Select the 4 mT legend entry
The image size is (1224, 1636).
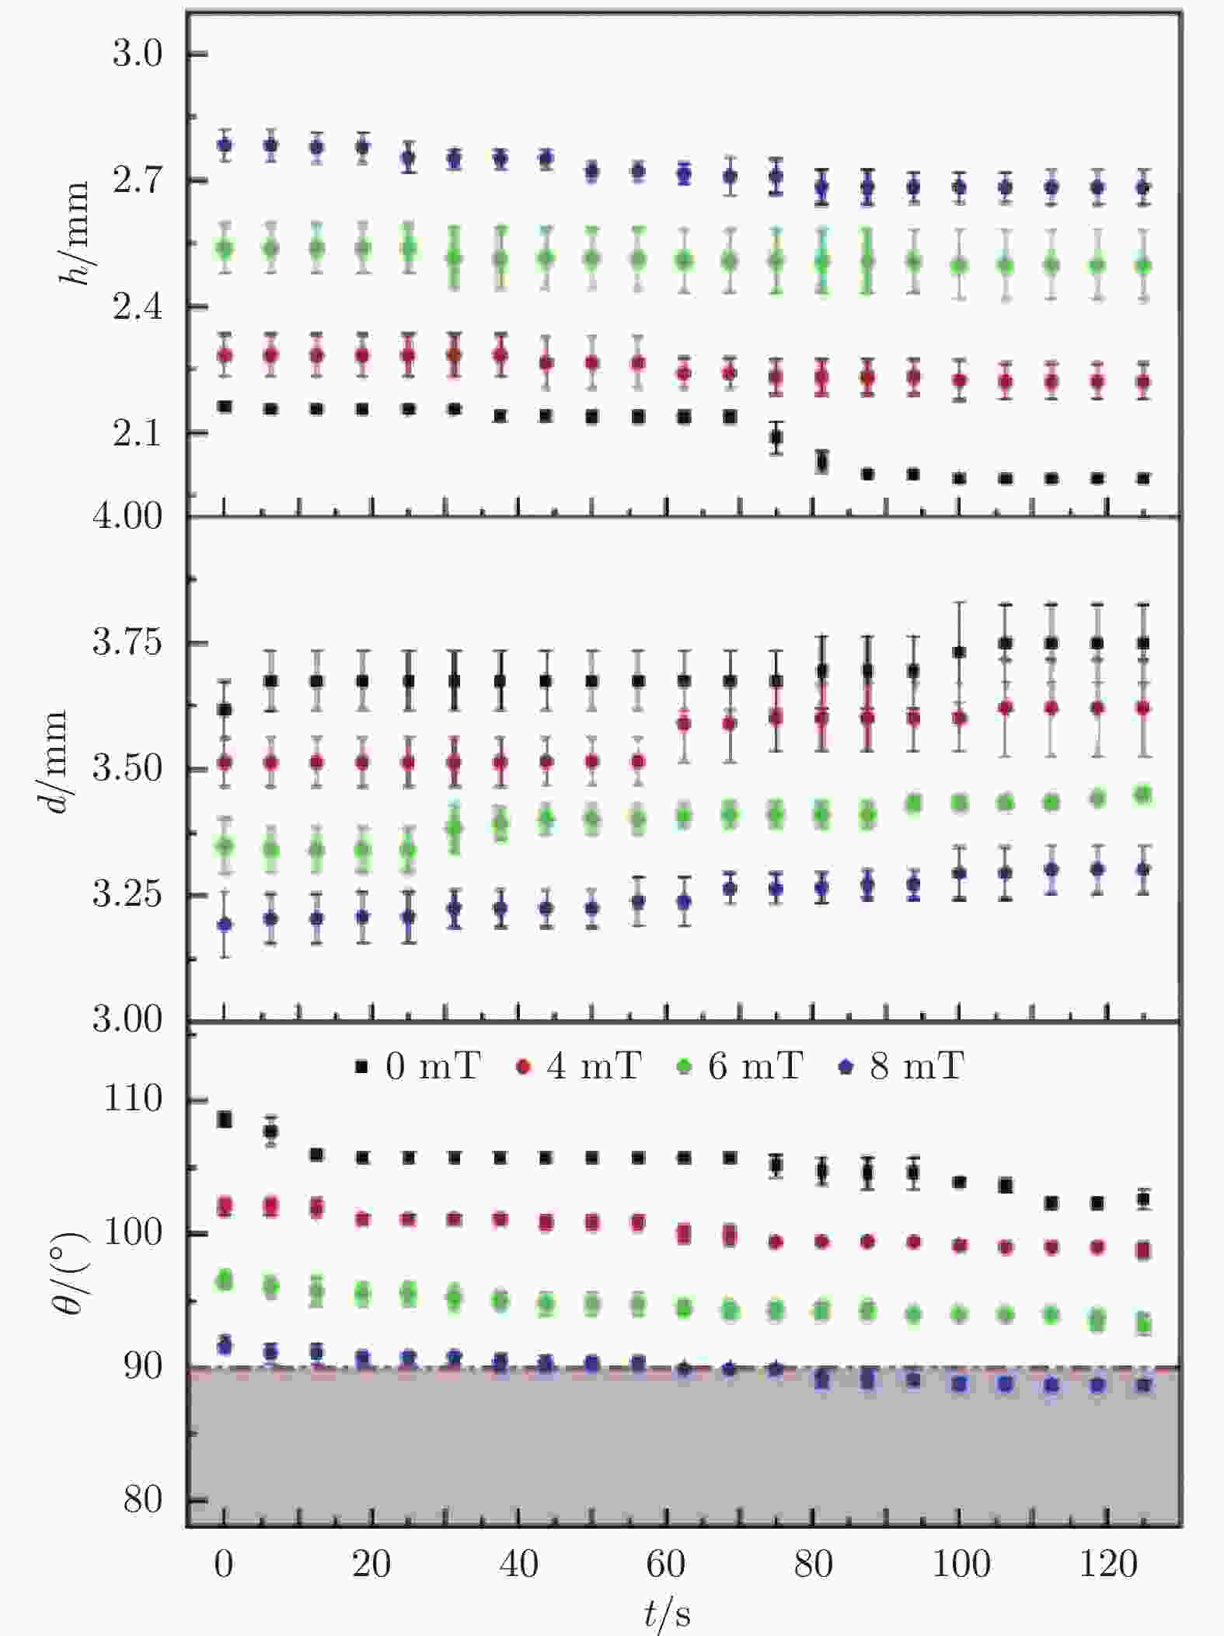pyautogui.click(x=580, y=1065)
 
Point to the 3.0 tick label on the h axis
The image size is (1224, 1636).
pyautogui.click(x=138, y=54)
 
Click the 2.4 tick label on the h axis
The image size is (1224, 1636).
pyautogui.click(x=138, y=307)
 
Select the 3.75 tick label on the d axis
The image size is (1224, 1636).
pyautogui.click(x=127, y=643)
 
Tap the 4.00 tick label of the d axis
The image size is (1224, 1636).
pyautogui.click(x=127, y=516)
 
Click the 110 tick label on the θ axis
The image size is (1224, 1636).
pyautogui.click(x=133, y=1099)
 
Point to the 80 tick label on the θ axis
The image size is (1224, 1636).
pyautogui.click(x=143, y=1500)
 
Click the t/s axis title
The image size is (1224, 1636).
pyautogui.click(x=667, y=1614)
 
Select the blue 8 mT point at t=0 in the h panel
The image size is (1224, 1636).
pyautogui.click(x=225, y=145)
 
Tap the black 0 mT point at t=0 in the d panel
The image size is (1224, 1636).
pyautogui.click(x=225, y=709)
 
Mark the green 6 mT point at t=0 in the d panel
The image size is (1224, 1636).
pyautogui.click(x=225, y=845)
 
